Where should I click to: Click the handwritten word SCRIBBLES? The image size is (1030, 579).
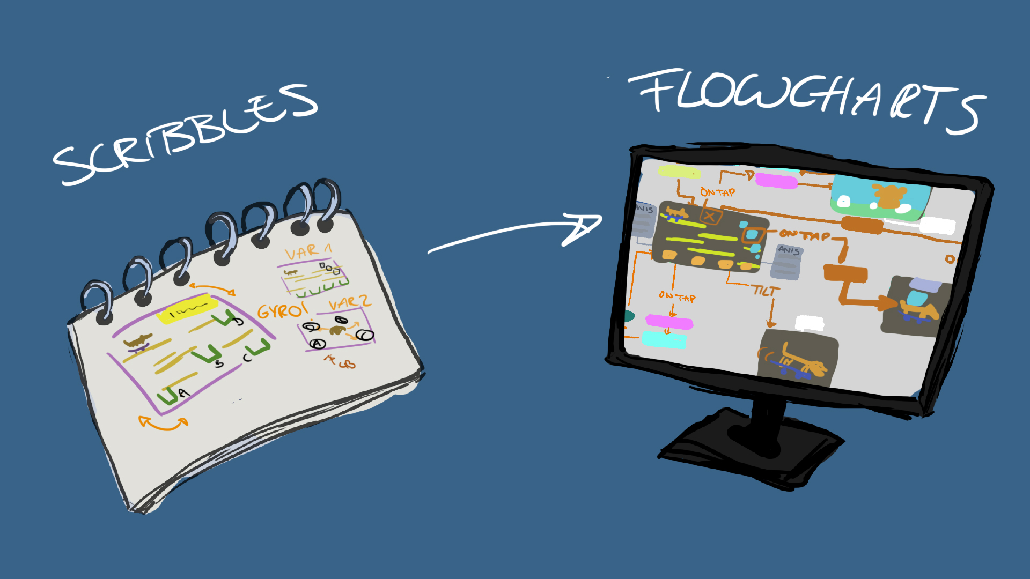coord(185,134)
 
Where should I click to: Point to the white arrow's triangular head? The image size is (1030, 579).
coord(582,228)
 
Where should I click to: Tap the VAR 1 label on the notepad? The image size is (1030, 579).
coord(308,251)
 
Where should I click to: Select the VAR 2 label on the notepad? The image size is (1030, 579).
coord(349,303)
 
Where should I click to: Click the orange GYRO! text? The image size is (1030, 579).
coord(282,310)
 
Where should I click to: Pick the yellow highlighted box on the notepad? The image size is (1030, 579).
coord(187,310)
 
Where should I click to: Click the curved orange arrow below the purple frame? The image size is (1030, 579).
coord(164,424)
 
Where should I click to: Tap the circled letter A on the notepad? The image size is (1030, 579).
coord(319,344)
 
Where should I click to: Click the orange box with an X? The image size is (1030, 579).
coord(710,217)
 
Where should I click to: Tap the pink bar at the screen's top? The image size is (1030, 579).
coord(776,181)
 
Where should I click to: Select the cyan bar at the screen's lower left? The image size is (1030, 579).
coord(664,339)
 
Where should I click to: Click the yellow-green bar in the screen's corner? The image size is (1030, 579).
coord(679,172)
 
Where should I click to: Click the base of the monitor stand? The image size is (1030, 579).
coord(751,448)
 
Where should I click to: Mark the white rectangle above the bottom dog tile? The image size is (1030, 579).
coord(810,323)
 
